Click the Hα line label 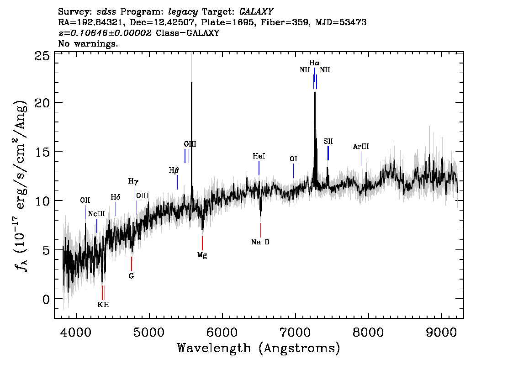pyautogui.click(x=314, y=63)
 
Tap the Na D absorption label pyautogui.click(x=260, y=242)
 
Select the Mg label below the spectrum pyautogui.click(x=202, y=255)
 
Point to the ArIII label pyautogui.click(x=361, y=146)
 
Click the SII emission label pyautogui.click(x=328, y=142)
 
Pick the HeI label pyautogui.click(x=259, y=156)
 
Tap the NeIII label pyautogui.click(x=96, y=214)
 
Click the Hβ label pyautogui.click(x=174, y=170)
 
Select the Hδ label pyautogui.click(x=115, y=197)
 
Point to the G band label pyautogui.click(x=132, y=276)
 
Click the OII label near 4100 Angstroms pyautogui.click(x=85, y=200)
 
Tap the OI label pyautogui.click(x=293, y=159)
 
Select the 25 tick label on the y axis pyautogui.click(x=42, y=56)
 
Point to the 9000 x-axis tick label pyautogui.click(x=441, y=333)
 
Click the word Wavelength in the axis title pyautogui.click(x=214, y=348)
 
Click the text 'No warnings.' pyautogui.click(x=88, y=43)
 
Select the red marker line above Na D pyautogui.click(x=260, y=230)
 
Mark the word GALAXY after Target pyautogui.click(x=256, y=12)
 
